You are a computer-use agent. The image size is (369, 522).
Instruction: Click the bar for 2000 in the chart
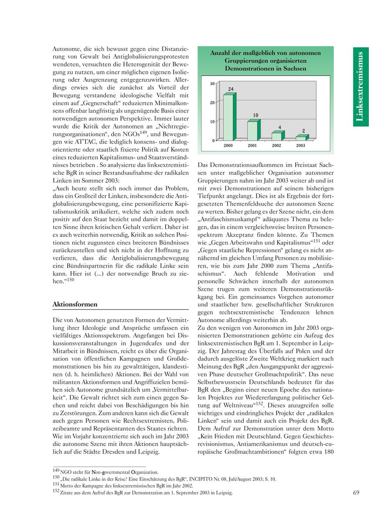pyautogui.click(x=228, y=117)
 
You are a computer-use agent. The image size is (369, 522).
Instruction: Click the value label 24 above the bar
pyautogui.click(x=231, y=89)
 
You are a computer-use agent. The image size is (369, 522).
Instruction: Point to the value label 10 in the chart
pyautogui.click(x=255, y=115)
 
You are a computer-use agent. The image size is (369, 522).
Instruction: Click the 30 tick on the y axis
pyautogui.click(x=212, y=84)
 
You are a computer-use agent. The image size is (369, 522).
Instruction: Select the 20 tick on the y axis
pyautogui.click(x=212, y=103)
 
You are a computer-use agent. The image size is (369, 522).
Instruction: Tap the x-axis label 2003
pyautogui.click(x=301, y=146)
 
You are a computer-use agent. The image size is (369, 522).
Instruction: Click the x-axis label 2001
pyautogui.click(x=253, y=146)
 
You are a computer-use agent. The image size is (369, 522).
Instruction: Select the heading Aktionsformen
pyautogui.click(x=75, y=304)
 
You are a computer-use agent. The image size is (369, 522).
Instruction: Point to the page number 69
pyautogui.click(x=356, y=492)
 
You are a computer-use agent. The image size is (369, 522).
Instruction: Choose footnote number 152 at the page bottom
pyautogui.click(x=56, y=491)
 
